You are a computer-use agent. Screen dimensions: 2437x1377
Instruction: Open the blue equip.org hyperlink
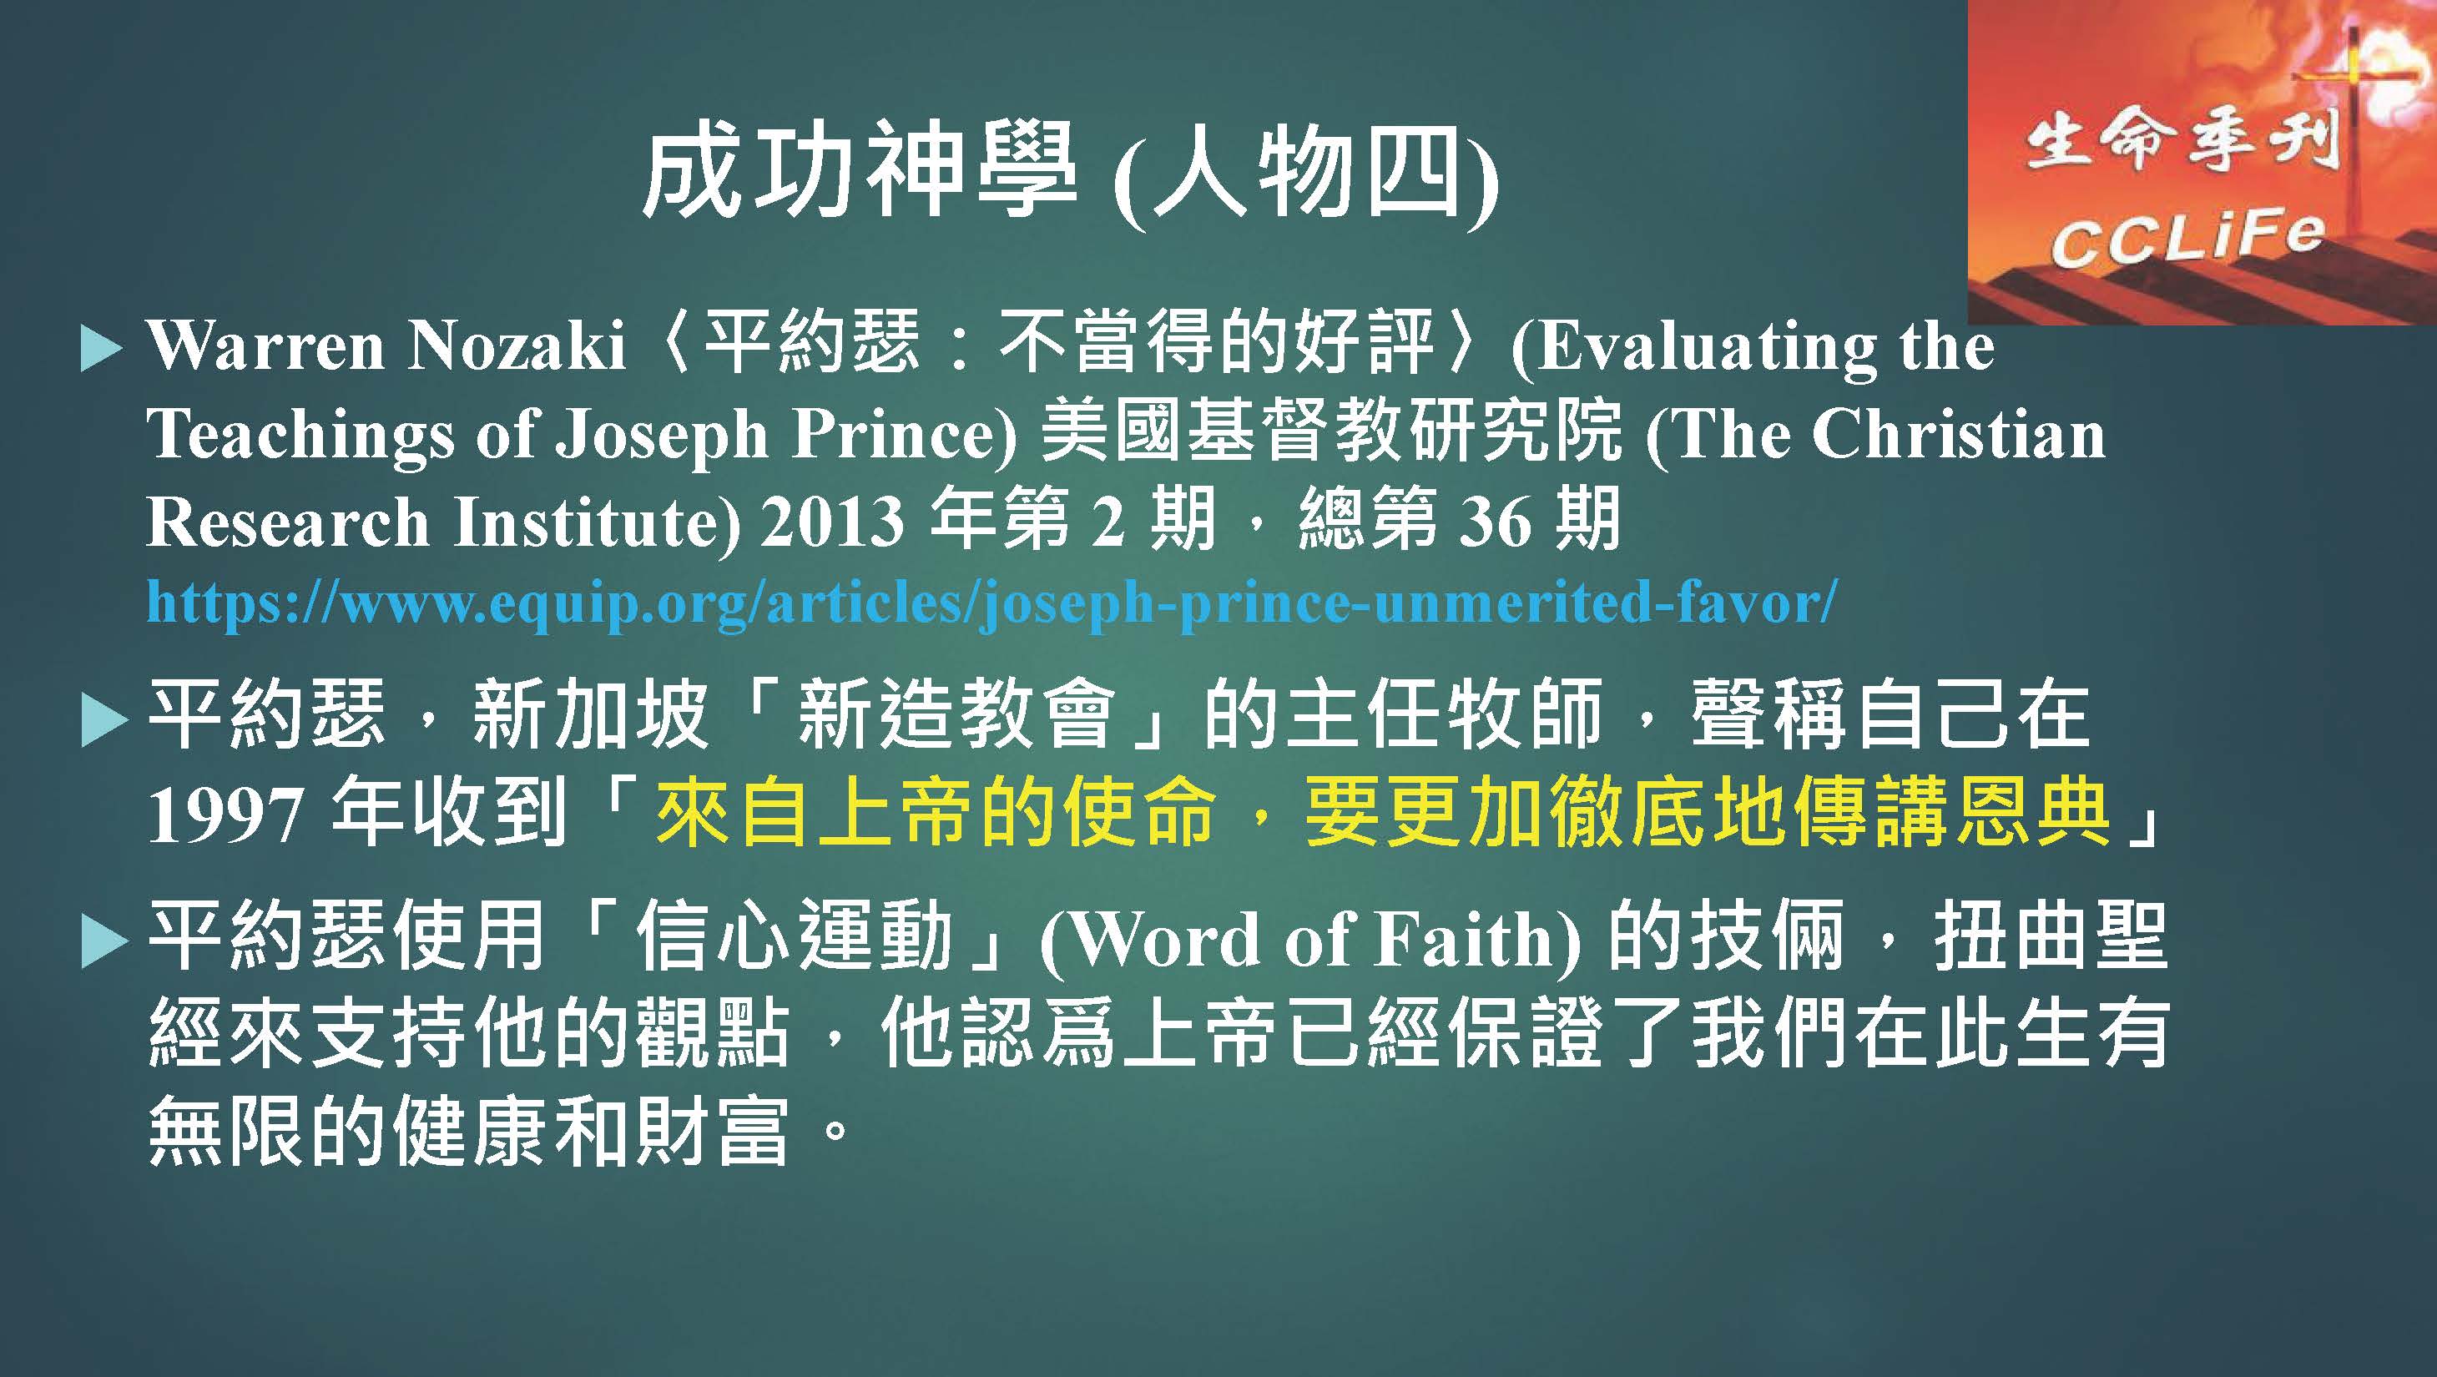(x=992, y=603)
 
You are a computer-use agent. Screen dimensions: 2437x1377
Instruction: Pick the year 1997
(x=226, y=815)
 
